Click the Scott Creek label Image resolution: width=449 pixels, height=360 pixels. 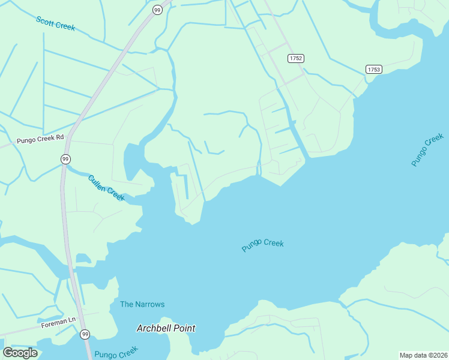pyautogui.click(x=56, y=23)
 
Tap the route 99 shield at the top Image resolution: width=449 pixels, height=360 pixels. pyautogui.click(x=157, y=10)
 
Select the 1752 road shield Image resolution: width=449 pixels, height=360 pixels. pyautogui.click(x=295, y=58)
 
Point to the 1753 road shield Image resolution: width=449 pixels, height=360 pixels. pyautogui.click(x=373, y=70)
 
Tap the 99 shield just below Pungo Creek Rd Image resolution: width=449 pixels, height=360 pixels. pyautogui.click(x=65, y=158)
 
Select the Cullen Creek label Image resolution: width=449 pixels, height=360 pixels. pyautogui.click(x=106, y=188)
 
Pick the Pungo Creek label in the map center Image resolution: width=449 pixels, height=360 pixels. pyautogui.click(x=262, y=245)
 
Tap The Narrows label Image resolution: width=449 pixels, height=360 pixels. pyautogui.click(x=142, y=304)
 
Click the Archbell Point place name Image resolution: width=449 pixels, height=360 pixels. pyautogui.click(x=166, y=328)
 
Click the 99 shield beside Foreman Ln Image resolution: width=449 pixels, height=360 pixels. pyautogui.click(x=85, y=334)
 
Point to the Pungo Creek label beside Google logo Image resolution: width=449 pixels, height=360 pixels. pyautogui.click(x=116, y=352)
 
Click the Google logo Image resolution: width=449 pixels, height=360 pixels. pyautogui.click(x=20, y=353)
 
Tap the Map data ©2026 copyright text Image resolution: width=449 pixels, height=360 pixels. pyautogui.click(x=423, y=355)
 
